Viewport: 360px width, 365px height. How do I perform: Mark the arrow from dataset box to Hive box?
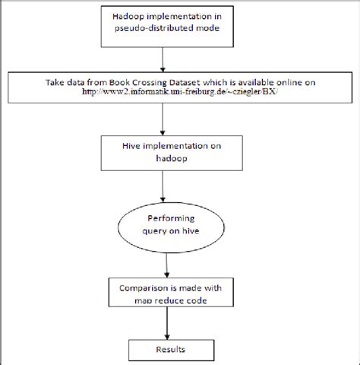[162, 119]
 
